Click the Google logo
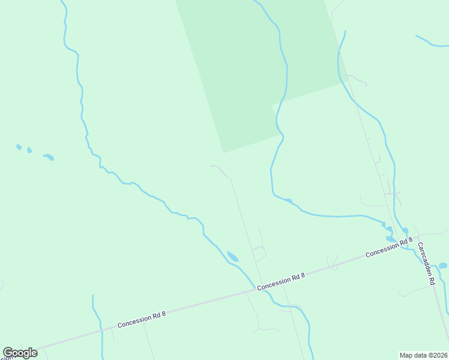coord(20,353)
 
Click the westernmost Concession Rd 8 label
coord(141,319)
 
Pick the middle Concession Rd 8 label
coord(281,282)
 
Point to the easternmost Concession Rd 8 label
coord(389,248)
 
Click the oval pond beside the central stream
coord(232,257)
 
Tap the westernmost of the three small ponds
coord(19,147)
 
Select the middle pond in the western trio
coord(29,151)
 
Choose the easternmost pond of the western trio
coord(49,157)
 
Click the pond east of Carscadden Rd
coord(443,266)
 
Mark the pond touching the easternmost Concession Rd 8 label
coord(391,239)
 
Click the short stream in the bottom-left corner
coord(97,324)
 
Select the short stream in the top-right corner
coord(430,43)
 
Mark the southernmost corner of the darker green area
coord(224,152)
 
